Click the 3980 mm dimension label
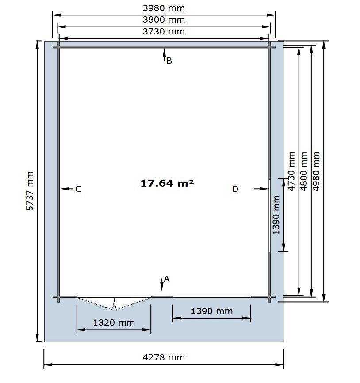click(164, 8)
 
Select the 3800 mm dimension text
click(164, 19)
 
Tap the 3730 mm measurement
click(164, 31)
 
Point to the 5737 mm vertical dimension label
click(30, 191)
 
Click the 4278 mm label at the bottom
click(164, 357)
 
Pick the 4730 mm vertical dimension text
click(291, 171)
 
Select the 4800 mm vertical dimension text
click(303, 171)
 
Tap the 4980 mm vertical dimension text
click(316, 171)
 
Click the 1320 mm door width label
click(114, 322)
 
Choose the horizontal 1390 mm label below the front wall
click(211, 311)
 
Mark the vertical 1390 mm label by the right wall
click(276, 215)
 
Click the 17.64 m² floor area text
click(167, 183)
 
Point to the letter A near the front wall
click(167, 279)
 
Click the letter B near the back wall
click(169, 61)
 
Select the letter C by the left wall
click(78, 190)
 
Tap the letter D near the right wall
click(235, 190)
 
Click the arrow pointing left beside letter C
click(66, 189)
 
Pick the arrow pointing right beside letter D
click(261, 189)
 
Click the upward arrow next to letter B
click(164, 54)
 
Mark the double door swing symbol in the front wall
click(114, 303)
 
